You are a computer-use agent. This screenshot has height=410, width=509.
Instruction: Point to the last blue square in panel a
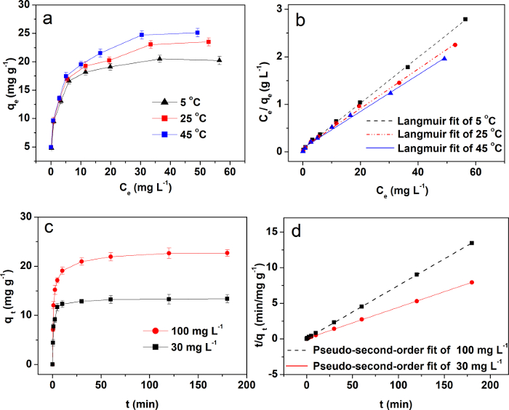197,32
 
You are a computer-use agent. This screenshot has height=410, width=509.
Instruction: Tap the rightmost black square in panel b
465,19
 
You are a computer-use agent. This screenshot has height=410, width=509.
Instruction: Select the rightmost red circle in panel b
455,45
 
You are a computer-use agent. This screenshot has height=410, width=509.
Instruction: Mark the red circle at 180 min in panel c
227,253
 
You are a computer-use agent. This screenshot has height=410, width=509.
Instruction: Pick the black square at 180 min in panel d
472,243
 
